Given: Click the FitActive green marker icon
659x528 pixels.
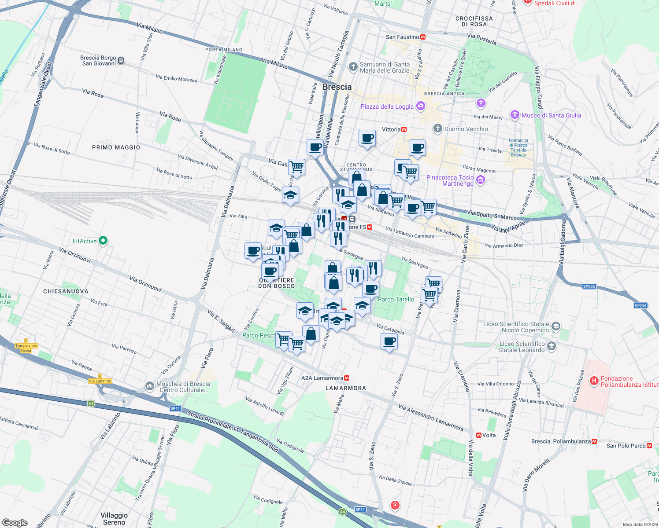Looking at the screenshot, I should point(103,241).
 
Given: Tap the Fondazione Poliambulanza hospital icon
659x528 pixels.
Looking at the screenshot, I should point(594,381).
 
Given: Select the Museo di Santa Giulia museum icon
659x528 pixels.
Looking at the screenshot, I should point(515,115).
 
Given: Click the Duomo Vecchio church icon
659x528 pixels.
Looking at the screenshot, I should point(437,128).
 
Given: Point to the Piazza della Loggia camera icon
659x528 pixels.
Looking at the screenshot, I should point(421,106).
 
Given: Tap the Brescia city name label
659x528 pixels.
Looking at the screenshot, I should point(337,87).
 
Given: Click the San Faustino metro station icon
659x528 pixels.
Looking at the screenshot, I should point(423,37).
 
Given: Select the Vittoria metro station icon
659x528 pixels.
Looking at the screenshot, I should point(404,129).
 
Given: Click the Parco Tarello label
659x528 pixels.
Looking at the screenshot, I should point(396,299).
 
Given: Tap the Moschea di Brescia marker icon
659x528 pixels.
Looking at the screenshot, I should point(150,386).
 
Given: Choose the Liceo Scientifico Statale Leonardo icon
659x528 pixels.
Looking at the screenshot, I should point(552,347).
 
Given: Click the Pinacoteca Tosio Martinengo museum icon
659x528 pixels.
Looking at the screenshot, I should point(481,180).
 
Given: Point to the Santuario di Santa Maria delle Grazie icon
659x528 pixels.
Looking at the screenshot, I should point(353,67).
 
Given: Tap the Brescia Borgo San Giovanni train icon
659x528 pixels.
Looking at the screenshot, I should point(121,61).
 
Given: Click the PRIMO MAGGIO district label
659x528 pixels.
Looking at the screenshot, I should point(116,147).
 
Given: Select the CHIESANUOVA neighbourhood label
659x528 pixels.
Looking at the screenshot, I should point(66,291).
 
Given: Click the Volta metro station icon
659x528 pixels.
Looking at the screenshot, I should point(479,435).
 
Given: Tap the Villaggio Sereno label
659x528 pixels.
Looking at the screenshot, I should point(114,518).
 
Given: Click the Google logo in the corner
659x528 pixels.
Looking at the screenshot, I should point(15,522).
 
